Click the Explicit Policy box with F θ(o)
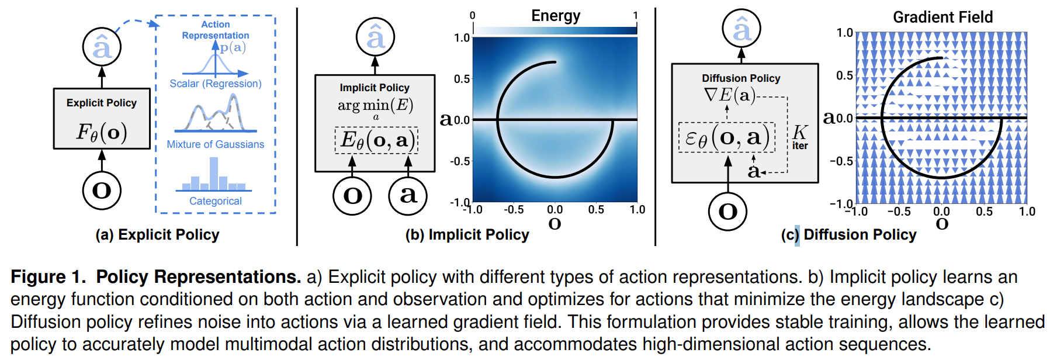pos(102,119)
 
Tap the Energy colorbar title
pos(555,16)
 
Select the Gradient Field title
pos(942,17)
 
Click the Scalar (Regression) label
pos(215,84)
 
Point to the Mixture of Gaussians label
pos(215,144)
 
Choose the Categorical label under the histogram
pos(215,201)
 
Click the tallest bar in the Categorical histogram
pos(214,174)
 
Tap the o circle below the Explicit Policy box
pos(102,191)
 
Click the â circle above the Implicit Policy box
pos(375,37)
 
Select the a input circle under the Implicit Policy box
pos(408,195)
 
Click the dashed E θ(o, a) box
pos(376,140)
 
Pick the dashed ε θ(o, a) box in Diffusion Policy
pos(727,138)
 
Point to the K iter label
pos(800,137)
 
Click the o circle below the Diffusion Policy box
pos(727,211)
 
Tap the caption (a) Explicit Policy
pos(157,235)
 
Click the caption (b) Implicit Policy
pos(467,235)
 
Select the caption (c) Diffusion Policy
pos(848,235)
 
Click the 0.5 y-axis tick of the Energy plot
pos(462,79)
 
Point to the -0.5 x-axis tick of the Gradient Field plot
pos(899,212)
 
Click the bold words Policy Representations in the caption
pos(199,277)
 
